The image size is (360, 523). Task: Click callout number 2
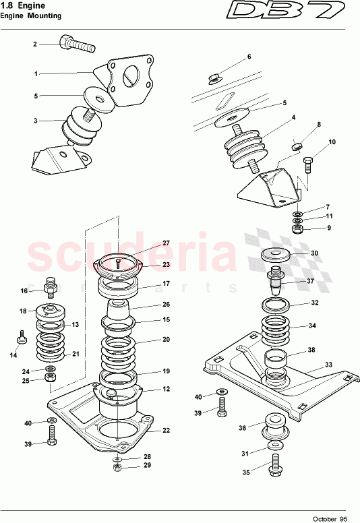click(x=35, y=44)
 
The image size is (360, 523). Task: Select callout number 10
click(x=332, y=142)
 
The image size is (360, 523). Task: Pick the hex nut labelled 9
click(x=298, y=229)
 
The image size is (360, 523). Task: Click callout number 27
click(x=166, y=243)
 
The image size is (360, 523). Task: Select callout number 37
click(x=311, y=281)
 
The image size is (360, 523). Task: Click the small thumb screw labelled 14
click(x=21, y=336)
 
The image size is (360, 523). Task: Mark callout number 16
click(x=24, y=291)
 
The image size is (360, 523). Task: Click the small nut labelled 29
click(x=117, y=466)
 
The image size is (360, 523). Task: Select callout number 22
click(x=166, y=431)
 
